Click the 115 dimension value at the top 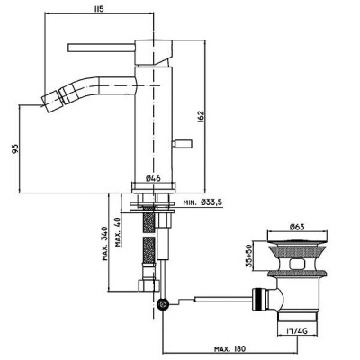99,9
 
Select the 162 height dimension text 201,117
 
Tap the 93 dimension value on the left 15,148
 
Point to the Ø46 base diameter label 154,178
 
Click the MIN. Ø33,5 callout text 202,202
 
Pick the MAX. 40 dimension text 119,232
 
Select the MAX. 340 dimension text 105,243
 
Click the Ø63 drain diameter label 297,227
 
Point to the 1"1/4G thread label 296,331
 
